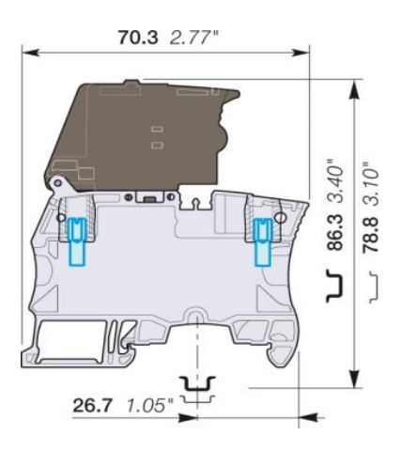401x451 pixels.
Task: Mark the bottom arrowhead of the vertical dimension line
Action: [x=354, y=381]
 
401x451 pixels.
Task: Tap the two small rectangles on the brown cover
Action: [x=157, y=135]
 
